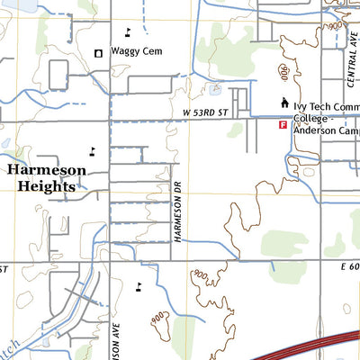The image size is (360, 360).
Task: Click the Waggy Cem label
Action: [x=136, y=52]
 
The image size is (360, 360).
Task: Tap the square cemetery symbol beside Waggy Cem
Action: [x=98, y=53]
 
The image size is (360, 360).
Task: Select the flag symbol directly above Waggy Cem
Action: [x=127, y=31]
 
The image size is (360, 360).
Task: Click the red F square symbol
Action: [x=283, y=125]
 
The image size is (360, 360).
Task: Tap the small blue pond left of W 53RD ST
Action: [x=214, y=90]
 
